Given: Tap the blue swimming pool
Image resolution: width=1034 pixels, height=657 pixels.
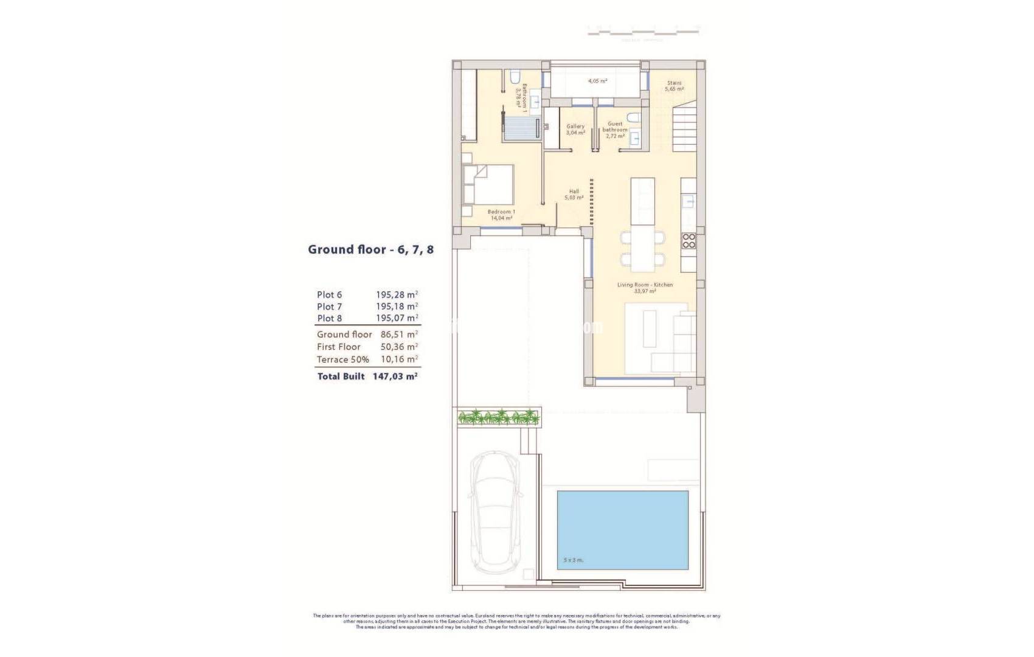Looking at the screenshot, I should [x=622, y=530].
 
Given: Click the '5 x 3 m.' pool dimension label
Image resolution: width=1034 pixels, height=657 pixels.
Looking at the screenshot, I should [x=573, y=560].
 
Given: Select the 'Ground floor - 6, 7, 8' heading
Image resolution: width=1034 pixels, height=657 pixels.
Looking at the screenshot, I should [x=370, y=249].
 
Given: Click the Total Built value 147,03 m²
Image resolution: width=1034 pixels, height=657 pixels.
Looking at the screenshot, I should [x=395, y=377].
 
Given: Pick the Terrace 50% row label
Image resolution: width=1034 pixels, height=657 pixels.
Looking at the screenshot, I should [x=342, y=360].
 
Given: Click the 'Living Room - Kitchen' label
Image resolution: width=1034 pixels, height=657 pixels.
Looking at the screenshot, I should [x=645, y=285].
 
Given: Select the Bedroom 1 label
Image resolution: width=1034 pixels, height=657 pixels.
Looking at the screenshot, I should [x=501, y=212].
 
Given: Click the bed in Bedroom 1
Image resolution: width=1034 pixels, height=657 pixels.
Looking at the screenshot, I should [x=488, y=184].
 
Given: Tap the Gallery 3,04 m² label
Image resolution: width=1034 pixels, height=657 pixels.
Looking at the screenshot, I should [x=575, y=129].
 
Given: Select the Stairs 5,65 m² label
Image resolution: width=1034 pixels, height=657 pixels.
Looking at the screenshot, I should [x=674, y=86].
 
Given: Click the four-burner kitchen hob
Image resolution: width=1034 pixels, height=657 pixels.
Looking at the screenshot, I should [x=689, y=241].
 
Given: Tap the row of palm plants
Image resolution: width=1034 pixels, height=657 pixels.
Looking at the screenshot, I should [x=499, y=417].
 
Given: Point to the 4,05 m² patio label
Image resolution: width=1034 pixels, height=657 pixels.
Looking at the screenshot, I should [x=597, y=81].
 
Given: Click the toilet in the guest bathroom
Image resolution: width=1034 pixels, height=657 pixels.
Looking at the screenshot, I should [x=634, y=117].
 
